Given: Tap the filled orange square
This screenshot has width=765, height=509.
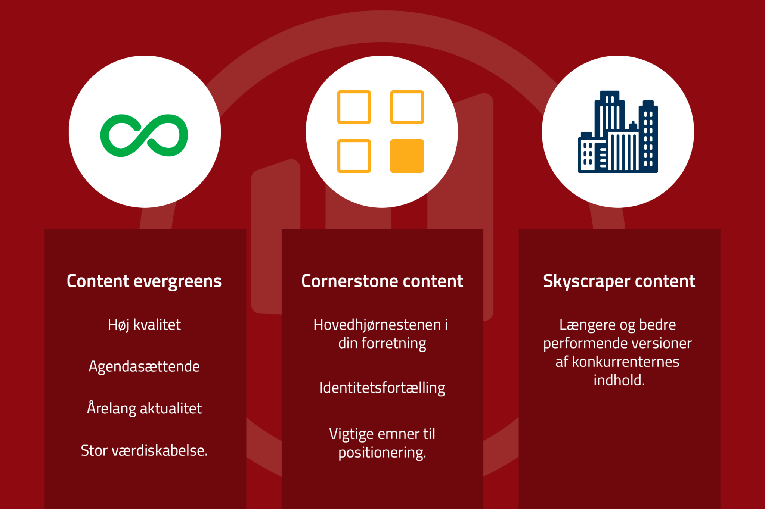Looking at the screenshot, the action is click(x=407, y=156).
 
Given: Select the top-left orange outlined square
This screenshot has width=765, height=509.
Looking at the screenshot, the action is click(x=354, y=107).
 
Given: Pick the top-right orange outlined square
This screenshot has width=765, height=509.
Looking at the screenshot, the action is click(x=407, y=107).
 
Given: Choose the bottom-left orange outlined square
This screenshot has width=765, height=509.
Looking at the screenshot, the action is click(x=354, y=156).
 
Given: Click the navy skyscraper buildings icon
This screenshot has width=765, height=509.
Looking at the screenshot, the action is click(x=618, y=132).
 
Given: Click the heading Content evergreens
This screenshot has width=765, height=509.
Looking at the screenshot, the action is click(x=144, y=281).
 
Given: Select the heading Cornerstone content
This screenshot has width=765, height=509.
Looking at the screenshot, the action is click(x=382, y=281).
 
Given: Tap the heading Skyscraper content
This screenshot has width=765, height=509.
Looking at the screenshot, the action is click(x=619, y=281).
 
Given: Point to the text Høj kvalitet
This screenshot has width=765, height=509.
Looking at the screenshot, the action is click(x=144, y=325).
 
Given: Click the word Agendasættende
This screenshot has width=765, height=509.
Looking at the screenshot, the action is click(x=144, y=367).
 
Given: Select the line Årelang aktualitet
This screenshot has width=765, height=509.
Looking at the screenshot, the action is click(x=144, y=408).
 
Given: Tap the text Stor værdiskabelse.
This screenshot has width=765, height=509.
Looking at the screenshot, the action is click(x=144, y=450).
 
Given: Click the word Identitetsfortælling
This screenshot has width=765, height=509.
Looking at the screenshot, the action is click(x=382, y=388).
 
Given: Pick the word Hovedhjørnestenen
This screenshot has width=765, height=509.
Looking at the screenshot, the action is click(x=377, y=325).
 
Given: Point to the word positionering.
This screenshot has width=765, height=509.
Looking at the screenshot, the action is click(x=382, y=453).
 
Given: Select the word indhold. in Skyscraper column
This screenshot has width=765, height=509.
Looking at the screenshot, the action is click(x=619, y=380).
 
